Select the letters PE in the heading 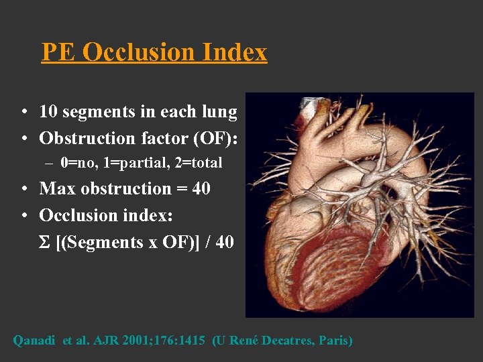[x=58, y=52]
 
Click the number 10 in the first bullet [x=48, y=112]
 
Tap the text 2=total [x=197, y=163]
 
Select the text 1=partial [x=133, y=163]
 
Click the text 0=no [x=77, y=163]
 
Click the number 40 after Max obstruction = [x=201, y=189]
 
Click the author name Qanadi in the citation [x=35, y=341]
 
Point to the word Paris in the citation [x=333, y=341]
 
